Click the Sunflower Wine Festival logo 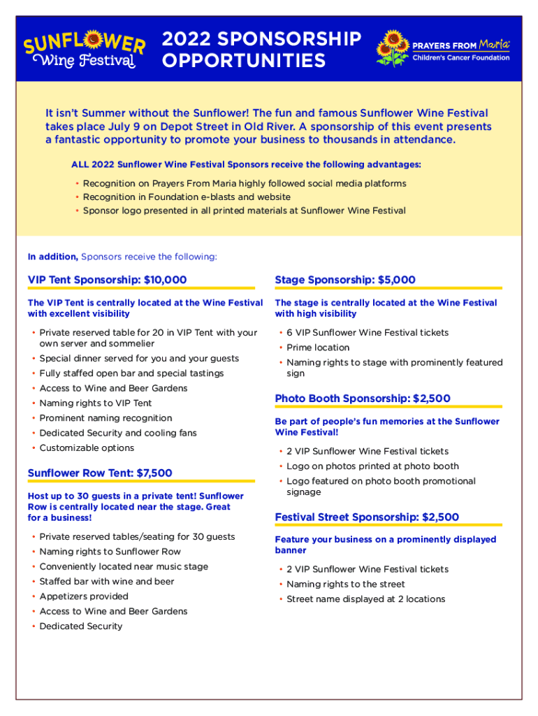point(85,50)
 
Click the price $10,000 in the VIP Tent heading point(165,280)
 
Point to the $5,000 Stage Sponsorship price point(396,280)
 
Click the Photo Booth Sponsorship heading point(363,399)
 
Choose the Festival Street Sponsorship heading point(367,517)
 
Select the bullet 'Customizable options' point(87,447)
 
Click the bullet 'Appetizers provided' point(84,596)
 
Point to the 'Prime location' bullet point(318,348)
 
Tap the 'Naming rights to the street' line point(345,584)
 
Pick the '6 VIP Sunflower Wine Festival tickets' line point(368,333)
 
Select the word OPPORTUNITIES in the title point(244,62)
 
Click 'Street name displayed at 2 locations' point(365,599)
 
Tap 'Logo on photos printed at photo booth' point(372,466)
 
